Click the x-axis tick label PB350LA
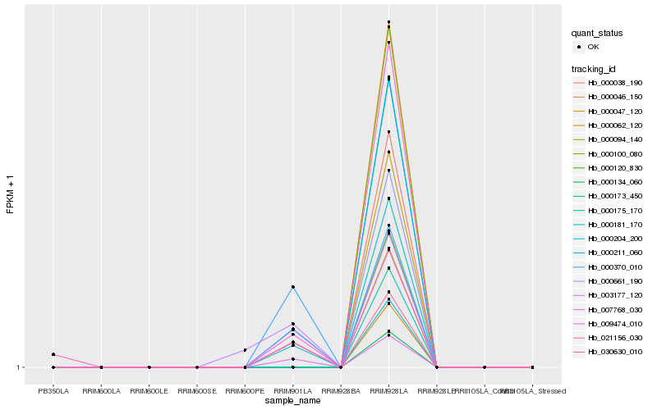53,390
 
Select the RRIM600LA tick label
101,390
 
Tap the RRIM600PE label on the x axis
245,390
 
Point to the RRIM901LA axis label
292,390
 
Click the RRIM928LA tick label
388,390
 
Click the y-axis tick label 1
21,367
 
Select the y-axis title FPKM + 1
11,194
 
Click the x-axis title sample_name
292,401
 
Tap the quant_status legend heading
597,33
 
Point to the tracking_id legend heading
595,68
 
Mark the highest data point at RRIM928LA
388,22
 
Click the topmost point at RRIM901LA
292,287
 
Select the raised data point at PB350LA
53,354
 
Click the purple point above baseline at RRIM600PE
245,350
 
